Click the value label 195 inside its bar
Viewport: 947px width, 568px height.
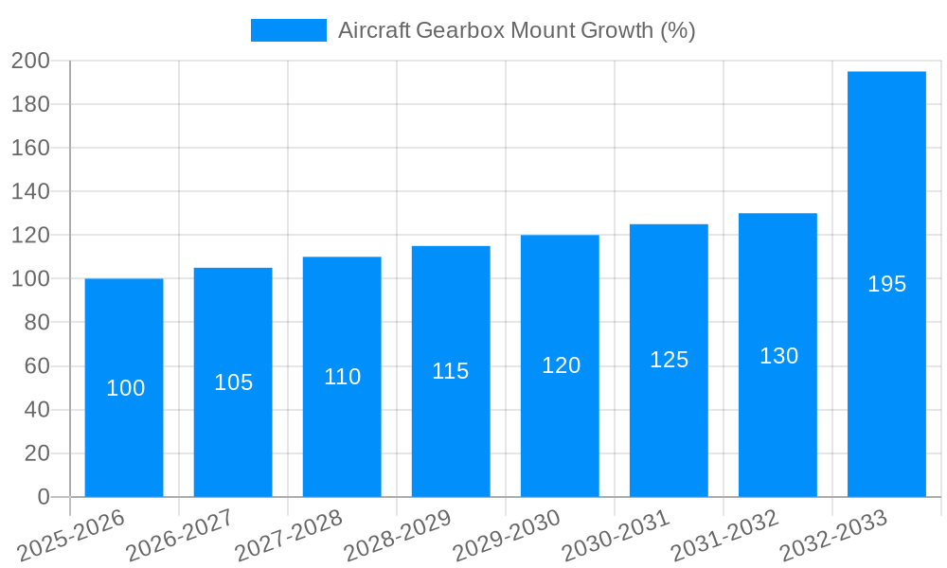pos(886,284)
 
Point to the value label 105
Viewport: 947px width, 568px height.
pos(233,382)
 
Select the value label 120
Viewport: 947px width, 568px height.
pos(561,365)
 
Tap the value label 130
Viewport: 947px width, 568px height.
pos(778,356)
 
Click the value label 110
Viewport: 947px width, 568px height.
pos(342,377)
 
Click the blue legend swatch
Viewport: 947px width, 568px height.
pos(288,30)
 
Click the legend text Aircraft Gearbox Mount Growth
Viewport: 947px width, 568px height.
pos(516,30)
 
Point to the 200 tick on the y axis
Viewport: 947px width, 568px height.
pos(30,62)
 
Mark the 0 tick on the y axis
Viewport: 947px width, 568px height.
pos(43,497)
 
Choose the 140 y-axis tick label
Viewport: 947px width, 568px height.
pos(30,192)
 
